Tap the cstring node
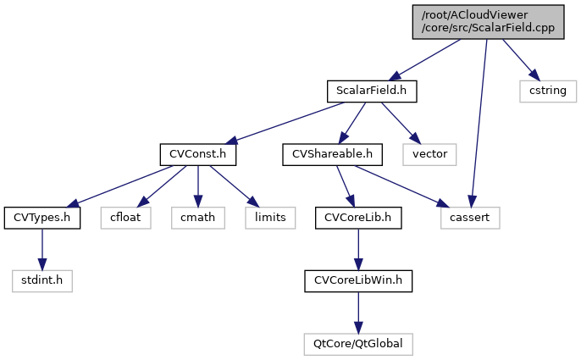[548, 91]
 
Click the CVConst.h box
[197, 154]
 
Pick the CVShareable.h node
[333, 154]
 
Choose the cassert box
[470, 218]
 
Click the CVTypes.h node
[41, 218]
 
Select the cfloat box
[125, 218]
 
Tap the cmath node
[197, 218]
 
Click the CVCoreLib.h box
[357, 218]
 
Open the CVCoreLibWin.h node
[357, 281]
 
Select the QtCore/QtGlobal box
[357, 345]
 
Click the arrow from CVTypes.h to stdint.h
[41, 250]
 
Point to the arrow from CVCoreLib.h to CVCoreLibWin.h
[357, 250]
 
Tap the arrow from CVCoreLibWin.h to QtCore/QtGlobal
[357, 313]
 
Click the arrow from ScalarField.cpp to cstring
[519, 58]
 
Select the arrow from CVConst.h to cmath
[197, 186]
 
